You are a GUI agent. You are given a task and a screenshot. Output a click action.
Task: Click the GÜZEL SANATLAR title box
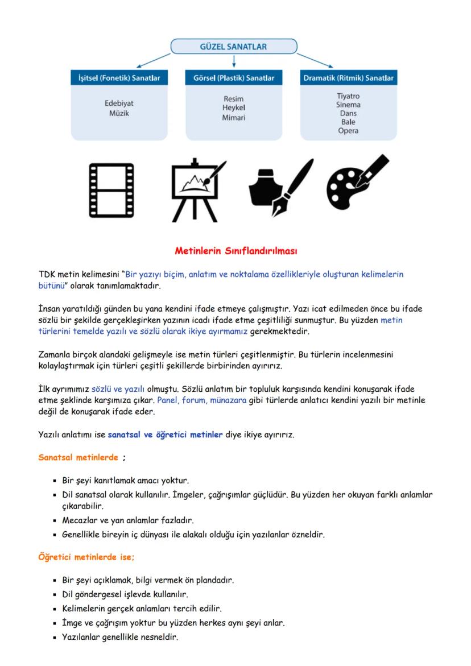pos(234,47)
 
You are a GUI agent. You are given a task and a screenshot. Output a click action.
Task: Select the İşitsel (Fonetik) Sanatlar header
pos(119,78)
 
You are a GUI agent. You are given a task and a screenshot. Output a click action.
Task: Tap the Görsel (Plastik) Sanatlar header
pos(234,78)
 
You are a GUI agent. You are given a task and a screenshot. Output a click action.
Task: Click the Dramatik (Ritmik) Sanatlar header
pos(348,78)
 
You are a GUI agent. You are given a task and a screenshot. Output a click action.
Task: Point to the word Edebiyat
pos(119,104)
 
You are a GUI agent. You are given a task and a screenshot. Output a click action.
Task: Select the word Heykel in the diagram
pos(234,108)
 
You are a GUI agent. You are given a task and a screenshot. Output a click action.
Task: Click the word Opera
pos(348,131)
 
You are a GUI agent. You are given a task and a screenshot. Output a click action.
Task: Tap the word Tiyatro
pos(348,96)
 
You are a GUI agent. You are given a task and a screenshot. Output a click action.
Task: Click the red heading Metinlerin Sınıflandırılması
pos(235,250)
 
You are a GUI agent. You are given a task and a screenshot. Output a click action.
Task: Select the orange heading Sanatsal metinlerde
pos(78,457)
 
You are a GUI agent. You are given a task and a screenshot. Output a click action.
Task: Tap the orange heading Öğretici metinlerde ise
pos(86,557)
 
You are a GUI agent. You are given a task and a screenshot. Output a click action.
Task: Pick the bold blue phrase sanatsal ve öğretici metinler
pos(165,435)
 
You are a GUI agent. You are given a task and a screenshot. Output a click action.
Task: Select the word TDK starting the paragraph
pos(47,274)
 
